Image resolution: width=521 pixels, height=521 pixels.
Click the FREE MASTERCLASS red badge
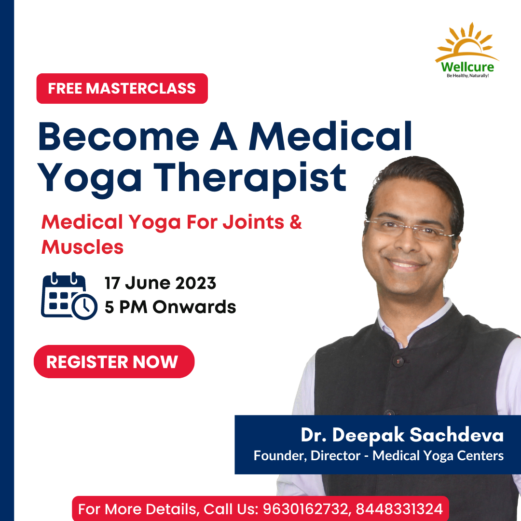(x=122, y=88)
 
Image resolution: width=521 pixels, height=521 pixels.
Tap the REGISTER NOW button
(x=114, y=361)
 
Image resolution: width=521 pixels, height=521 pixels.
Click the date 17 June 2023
(x=160, y=283)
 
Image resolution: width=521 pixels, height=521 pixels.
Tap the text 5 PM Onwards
(x=170, y=307)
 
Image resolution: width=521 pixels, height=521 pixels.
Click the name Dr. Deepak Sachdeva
(x=402, y=435)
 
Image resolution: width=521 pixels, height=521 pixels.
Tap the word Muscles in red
(x=82, y=247)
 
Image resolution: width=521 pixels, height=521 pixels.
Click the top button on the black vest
(x=398, y=360)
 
